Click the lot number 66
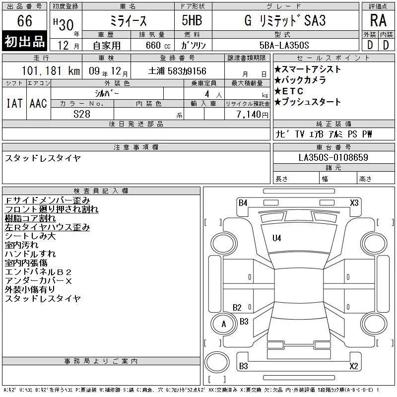tap(24, 20)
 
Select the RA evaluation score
tap(378, 20)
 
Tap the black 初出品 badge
tap(24, 41)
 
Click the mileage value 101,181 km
tap(51, 70)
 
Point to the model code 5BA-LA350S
tap(284, 45)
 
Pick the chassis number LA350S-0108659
tap(333, 157)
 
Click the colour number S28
tap(82, 114)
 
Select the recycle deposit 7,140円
tap(252, 115)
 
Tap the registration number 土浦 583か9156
tap(177, 71)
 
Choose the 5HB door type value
tap(192, 20)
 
